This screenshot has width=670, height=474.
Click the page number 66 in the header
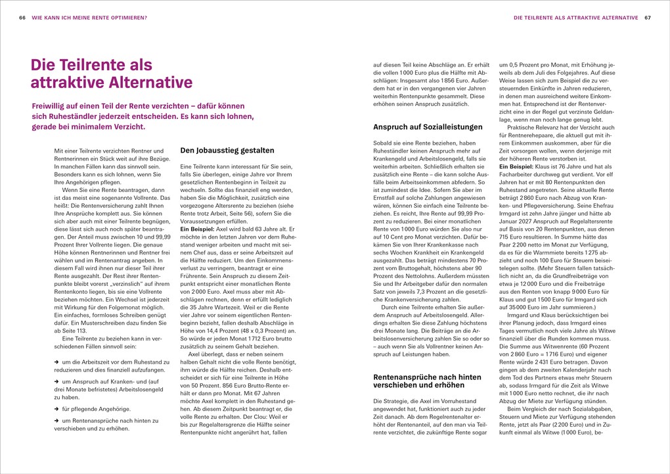tap(22, 18)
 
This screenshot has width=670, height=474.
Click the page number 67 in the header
tap(647, 18)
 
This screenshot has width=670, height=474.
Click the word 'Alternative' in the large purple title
tap(148, 83)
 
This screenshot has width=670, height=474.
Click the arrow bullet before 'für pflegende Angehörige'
tap(56, 408)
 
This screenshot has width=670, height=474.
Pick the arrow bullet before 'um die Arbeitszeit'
tap(56, 362)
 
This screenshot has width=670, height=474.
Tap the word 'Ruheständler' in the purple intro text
tap(60, 116)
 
